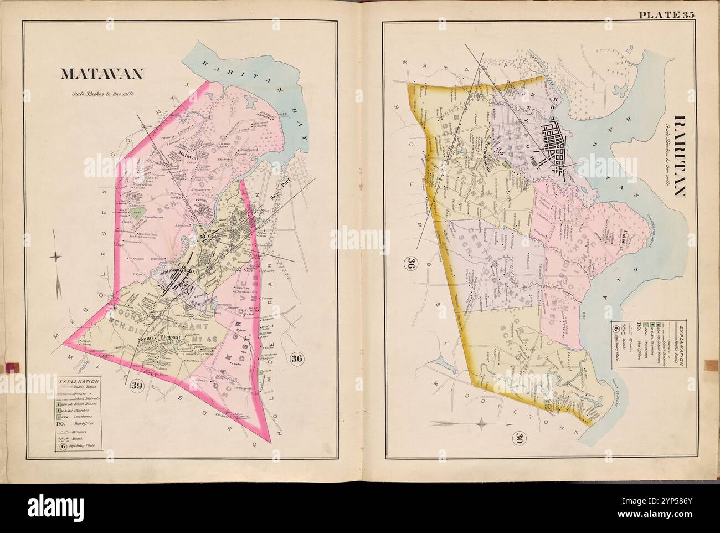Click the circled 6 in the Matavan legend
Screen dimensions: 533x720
[x=64, y=445]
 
